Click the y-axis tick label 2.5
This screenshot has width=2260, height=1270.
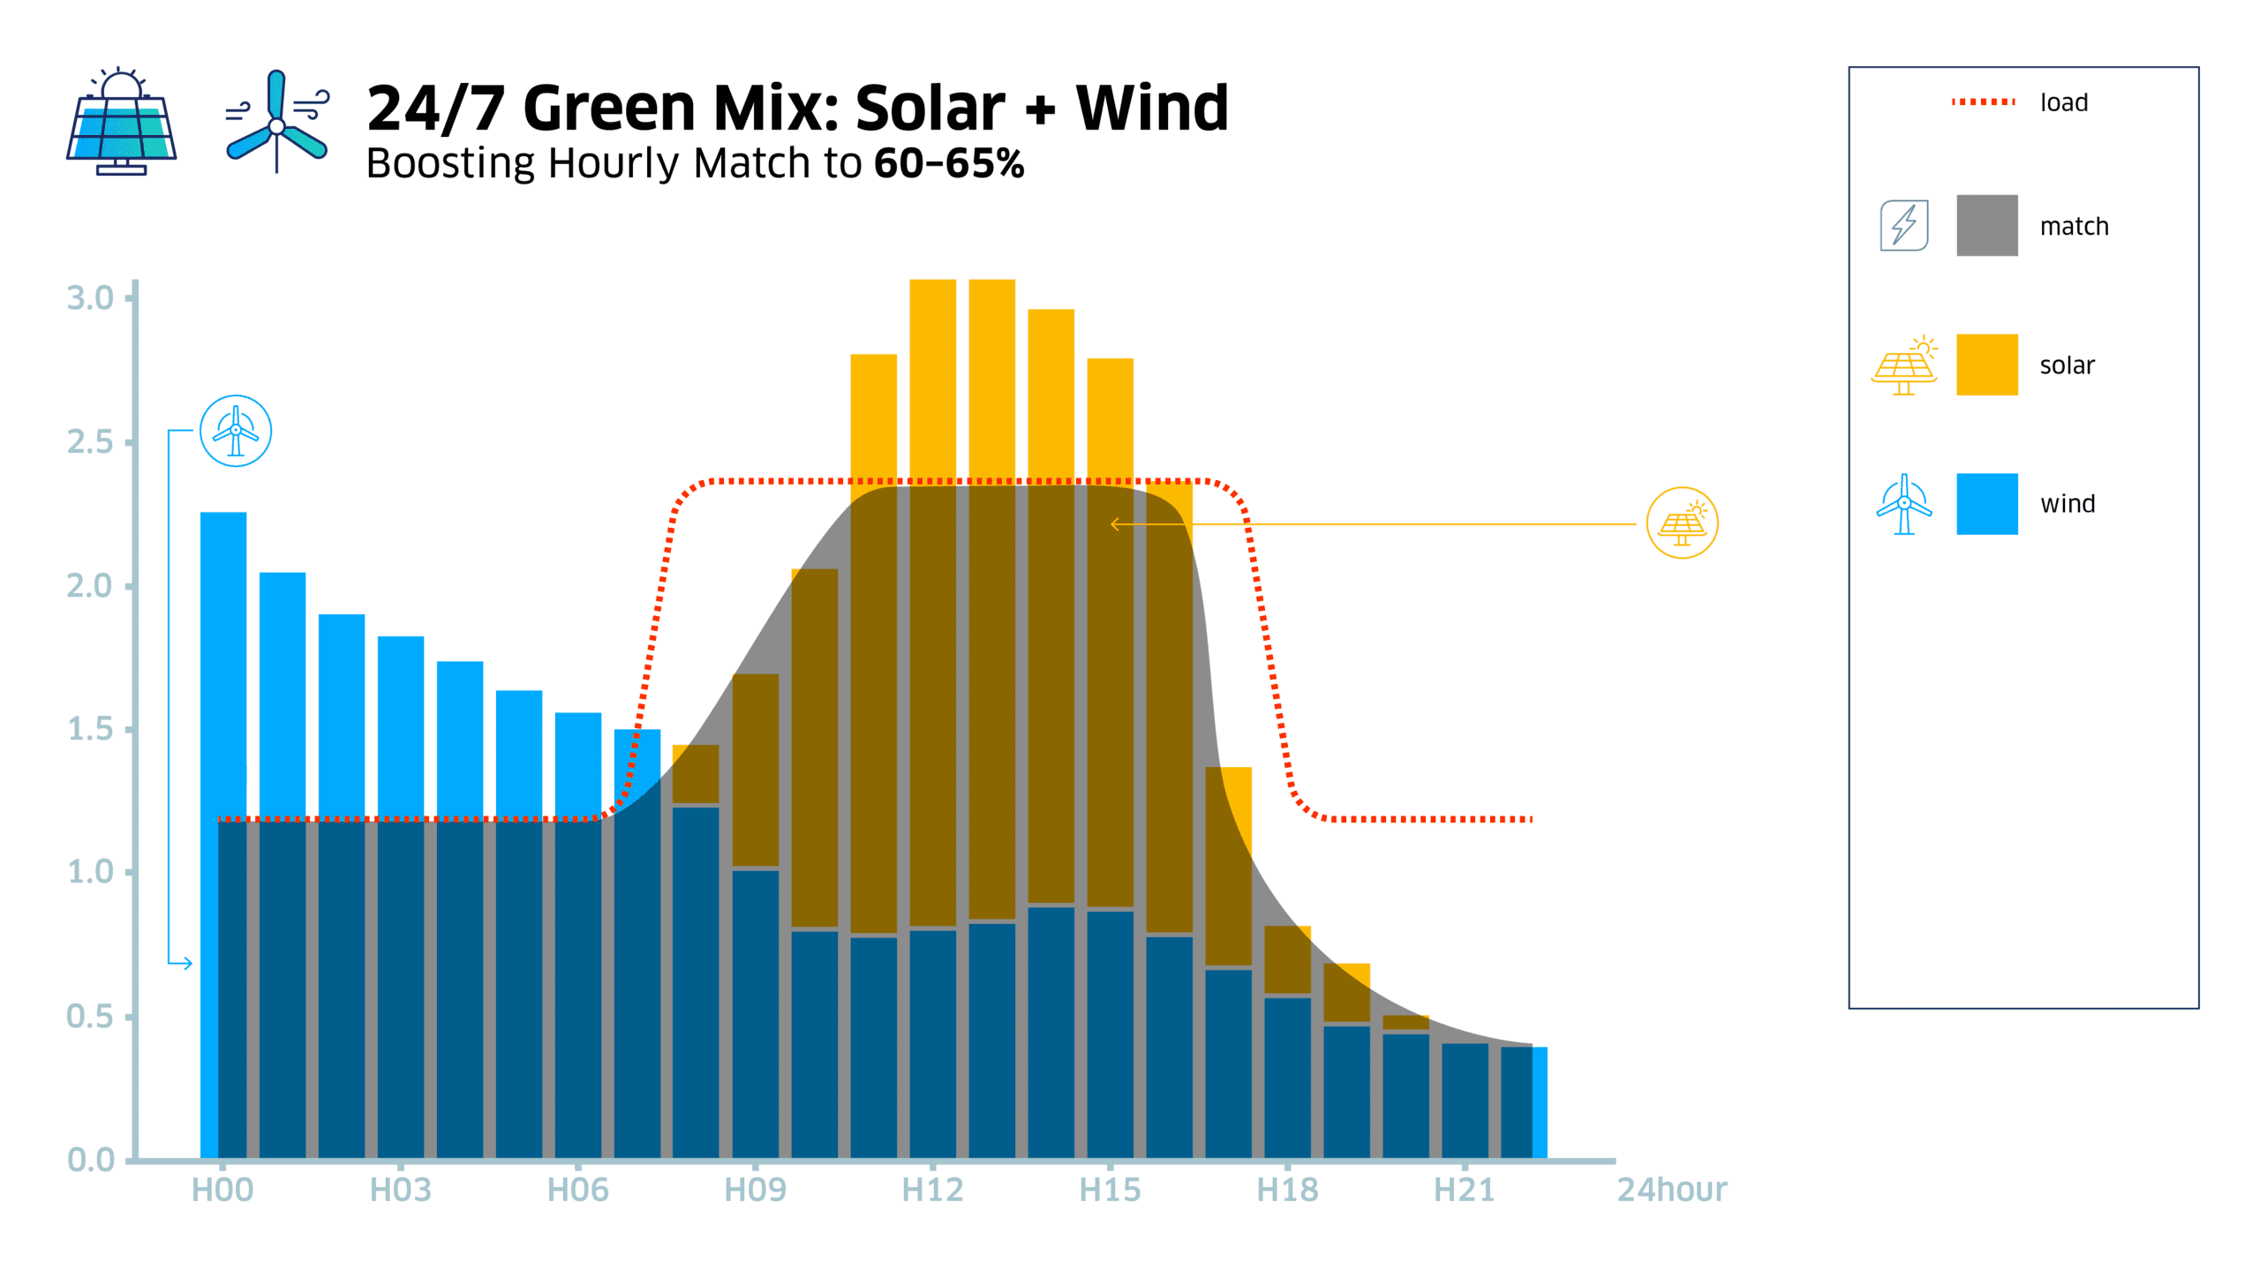(90, 441)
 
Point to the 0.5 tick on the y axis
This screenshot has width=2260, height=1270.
(90, 1016)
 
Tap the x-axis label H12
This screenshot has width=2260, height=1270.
(932, 1190)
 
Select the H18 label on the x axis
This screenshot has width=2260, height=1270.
(1287, 1190)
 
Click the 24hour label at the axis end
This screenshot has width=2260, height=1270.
(1671, 1190)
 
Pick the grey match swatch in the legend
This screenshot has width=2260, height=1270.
(1986, 226)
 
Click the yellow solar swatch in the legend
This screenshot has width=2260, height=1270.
(1986, 364)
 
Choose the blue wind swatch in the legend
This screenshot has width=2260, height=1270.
(1986, 503)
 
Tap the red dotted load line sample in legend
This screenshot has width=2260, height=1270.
(1983, 102)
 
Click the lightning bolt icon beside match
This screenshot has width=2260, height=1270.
(1903, 226)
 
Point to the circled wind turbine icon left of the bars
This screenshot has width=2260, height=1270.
(236, 431)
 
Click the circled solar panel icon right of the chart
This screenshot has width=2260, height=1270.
(1682, 523)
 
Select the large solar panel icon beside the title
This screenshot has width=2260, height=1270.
(122, 122)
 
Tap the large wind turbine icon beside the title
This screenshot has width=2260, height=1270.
(276, 122)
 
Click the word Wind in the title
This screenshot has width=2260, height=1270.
(1151, 109)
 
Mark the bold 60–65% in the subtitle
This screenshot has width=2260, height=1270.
(949, 163)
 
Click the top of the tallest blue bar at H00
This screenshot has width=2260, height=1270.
(223, 514)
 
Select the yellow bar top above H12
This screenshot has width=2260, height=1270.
(932, 282)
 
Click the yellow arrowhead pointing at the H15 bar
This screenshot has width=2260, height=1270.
(1114, 524)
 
